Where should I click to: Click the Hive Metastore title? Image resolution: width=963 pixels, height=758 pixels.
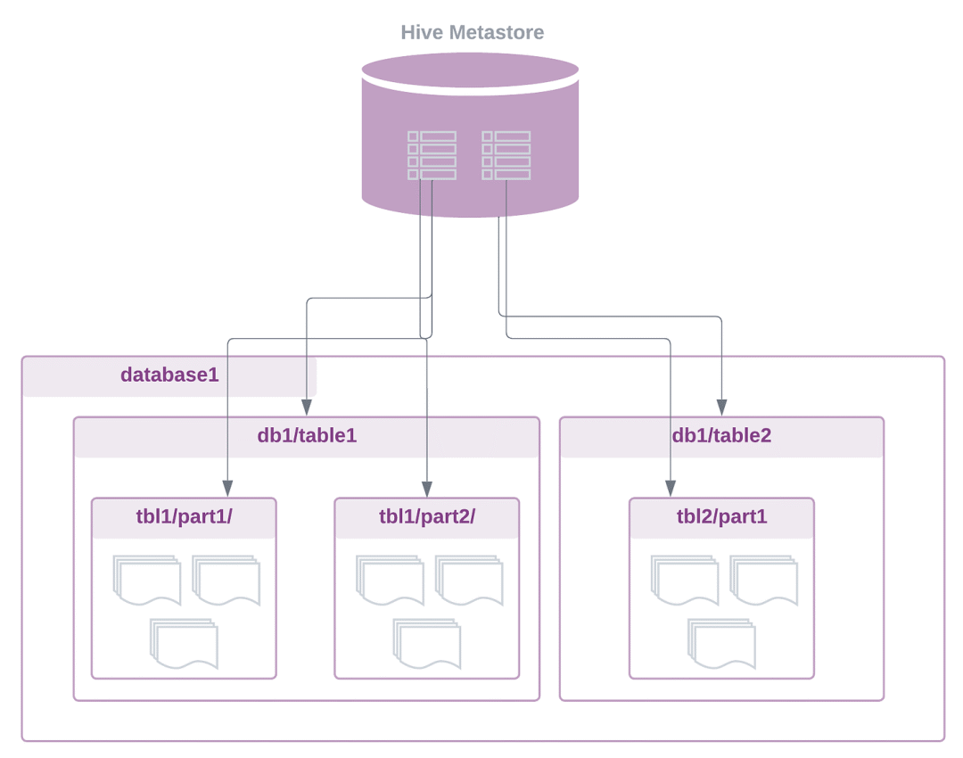point(473,32)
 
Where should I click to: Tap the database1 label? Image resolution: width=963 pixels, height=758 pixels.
point(169,374)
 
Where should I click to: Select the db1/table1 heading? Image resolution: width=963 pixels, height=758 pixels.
point(307,435)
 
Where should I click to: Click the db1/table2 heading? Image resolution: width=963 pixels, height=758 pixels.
point(721,435)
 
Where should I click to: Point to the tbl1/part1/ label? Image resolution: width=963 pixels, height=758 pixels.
point(185,516)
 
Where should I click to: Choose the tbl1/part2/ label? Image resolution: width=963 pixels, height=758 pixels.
point(427,516)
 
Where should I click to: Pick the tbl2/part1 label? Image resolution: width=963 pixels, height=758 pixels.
point(721,516)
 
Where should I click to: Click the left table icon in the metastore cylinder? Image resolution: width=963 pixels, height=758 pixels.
point(432,155)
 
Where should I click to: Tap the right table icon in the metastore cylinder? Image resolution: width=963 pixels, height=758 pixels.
point(506,155)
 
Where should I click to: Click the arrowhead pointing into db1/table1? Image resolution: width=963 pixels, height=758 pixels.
point(307,408)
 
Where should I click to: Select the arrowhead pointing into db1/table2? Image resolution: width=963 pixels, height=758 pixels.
point(721,408)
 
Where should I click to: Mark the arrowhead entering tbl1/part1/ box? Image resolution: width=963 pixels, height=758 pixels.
point(227,489)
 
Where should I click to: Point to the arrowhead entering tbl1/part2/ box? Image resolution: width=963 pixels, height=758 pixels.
point(427,489)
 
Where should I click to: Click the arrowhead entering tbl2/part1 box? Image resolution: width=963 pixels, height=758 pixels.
point(671,489)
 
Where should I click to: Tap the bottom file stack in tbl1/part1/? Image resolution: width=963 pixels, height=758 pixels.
point(185,643)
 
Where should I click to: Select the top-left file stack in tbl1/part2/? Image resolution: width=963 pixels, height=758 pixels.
point(390,581)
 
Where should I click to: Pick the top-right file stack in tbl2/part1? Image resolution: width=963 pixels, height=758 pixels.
point(764,581)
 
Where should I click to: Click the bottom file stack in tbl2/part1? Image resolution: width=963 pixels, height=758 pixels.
point(721,643)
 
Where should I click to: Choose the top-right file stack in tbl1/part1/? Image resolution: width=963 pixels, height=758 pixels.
point(226,581)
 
